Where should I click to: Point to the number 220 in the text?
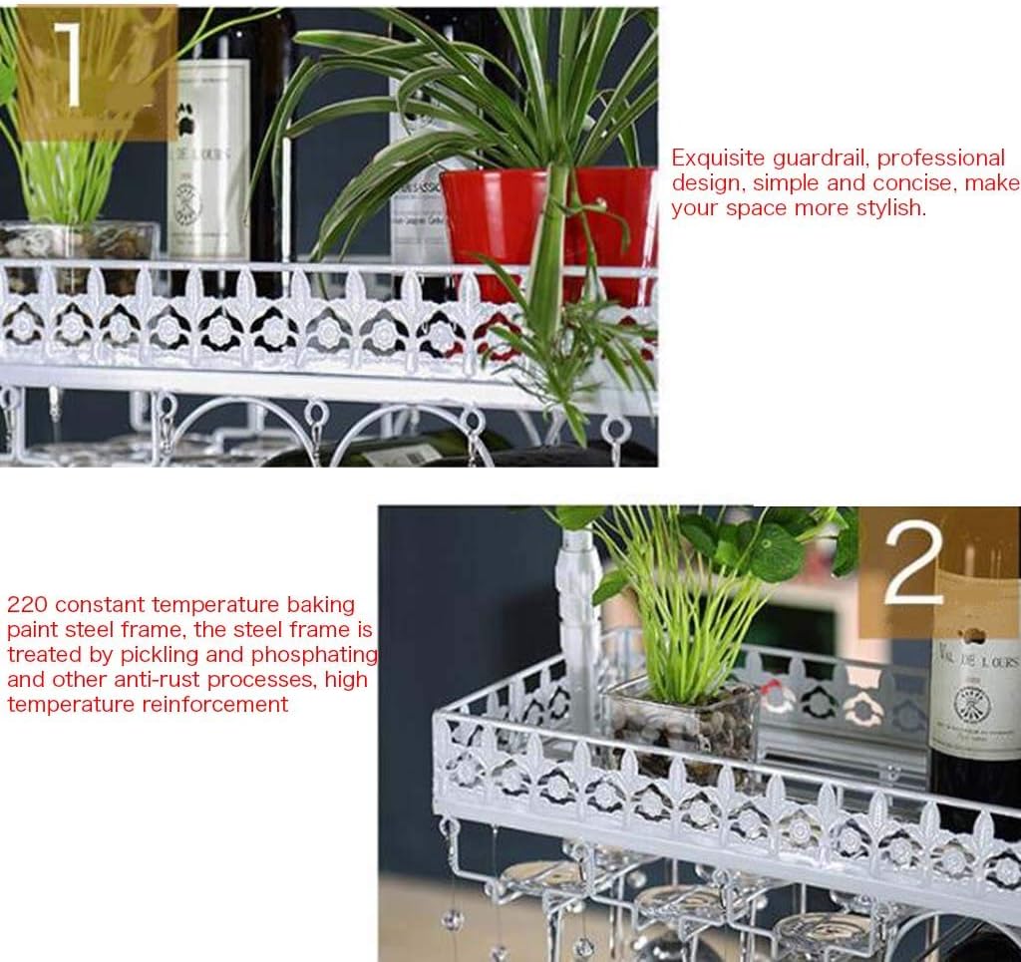25,605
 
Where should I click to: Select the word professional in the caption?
942,159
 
